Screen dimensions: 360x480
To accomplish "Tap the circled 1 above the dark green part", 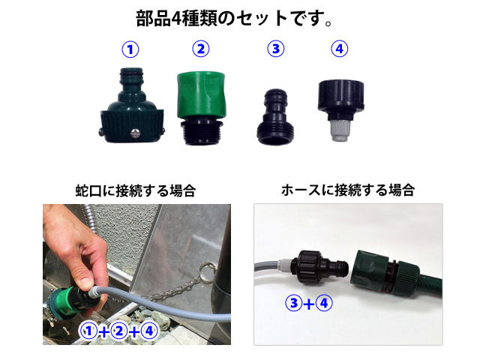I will [130, 49].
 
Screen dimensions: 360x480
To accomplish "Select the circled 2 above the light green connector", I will [200, 49].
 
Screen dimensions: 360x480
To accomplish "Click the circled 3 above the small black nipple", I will [276, 49].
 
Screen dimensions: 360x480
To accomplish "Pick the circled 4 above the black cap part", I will [340, 49].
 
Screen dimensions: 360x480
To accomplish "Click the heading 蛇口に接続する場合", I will [136, 190].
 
